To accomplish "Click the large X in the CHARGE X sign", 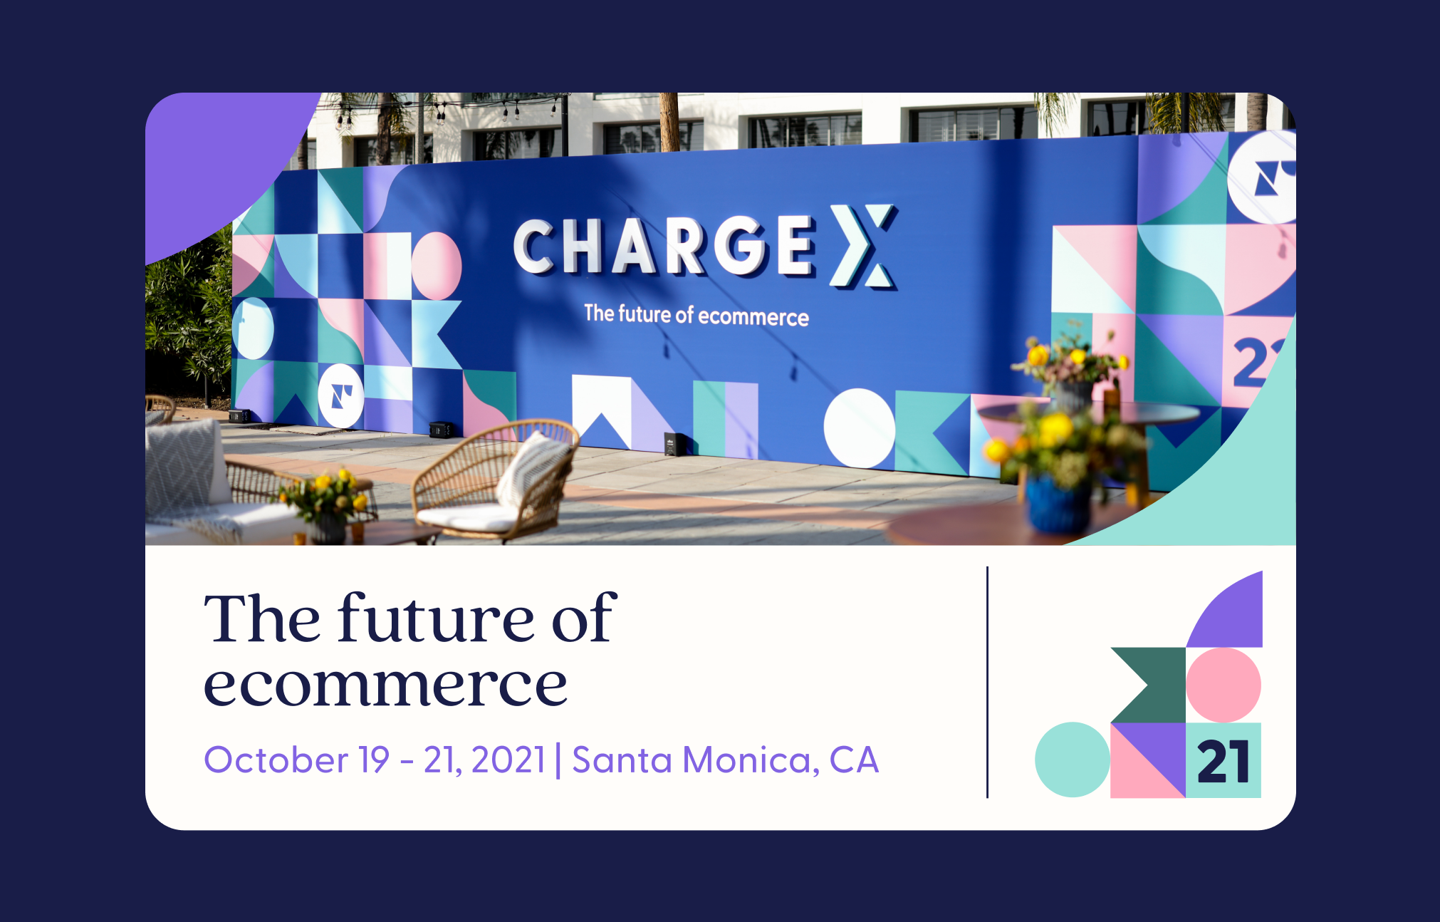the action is tap(863, 246).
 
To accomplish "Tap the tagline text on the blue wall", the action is tap(696, 315).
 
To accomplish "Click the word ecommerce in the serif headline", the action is tap(385, 685).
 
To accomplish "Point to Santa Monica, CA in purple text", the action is tap(725, 760).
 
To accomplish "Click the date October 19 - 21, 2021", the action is tap(375, 760).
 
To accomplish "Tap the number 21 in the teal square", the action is tap(1223, 762).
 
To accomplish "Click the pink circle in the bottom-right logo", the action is tap(1224, 685).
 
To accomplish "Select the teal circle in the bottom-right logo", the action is tap(1073, 760).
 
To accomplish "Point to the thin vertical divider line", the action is tap(987, 682).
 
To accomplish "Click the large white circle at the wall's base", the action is tap(860, 428).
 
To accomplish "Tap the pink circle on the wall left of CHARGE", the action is tap(437, 266).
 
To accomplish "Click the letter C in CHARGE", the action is tap(535, 246).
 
